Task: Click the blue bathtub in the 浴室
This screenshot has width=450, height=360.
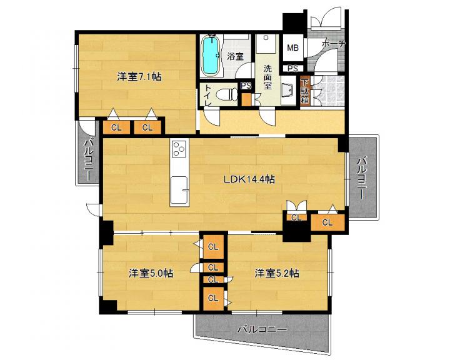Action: [x=211, y=56]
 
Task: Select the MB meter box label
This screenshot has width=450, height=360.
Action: [x=292, y=47]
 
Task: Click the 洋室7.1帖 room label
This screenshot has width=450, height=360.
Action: [x=139, y=77]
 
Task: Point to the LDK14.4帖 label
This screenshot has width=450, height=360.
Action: [x=249, y=179]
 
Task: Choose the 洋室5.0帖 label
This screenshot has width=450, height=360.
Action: [x=151, y=273]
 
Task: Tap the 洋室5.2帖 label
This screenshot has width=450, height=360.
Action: [x=277, y=273]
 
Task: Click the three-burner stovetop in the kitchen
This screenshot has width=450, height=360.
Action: [x=179, y=149]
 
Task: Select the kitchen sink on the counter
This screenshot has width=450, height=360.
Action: [x=179, y=189]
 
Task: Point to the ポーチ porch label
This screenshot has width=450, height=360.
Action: [x=334, y=44]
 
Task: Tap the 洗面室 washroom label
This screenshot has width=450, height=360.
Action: [x=267, y=77]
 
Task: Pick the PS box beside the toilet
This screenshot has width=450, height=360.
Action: [x=246, y=86]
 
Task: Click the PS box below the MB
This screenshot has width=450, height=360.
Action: [x=292, y=69]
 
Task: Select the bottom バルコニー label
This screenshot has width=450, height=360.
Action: [x=262, y=329]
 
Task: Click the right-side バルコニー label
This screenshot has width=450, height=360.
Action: [x=362, y=177]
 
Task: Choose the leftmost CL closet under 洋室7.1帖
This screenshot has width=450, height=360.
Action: [x=116, y=127]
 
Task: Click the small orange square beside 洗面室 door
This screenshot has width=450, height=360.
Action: [x=246, y=99]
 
